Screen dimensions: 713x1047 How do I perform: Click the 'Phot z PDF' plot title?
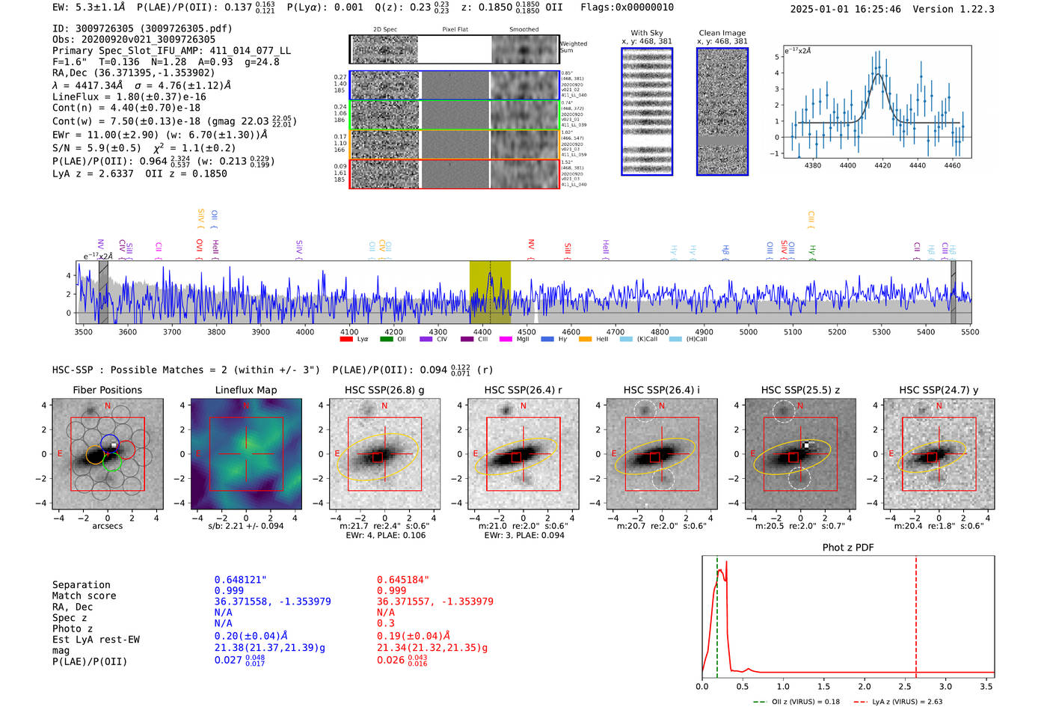click(848, 548)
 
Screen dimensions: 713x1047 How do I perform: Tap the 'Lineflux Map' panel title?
click(245, 390)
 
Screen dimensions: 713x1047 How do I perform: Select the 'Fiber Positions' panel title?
click(107, 390)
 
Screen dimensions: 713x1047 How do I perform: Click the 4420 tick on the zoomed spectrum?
click(882, 165)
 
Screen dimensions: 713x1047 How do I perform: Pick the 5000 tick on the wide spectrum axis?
click(748, 332)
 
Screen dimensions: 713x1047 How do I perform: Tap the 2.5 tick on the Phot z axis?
click(905, 686)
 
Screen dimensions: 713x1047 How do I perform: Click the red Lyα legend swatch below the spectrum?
click(346, 340)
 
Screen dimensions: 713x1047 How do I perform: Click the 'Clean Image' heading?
click(722, 33)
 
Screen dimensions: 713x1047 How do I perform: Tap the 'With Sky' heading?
click(646, 33)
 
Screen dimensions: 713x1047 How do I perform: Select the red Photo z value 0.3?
click(386, 623)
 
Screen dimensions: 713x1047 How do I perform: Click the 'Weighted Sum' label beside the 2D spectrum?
click(574, 47)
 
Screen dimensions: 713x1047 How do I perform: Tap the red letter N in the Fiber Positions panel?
click(108, 406)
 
